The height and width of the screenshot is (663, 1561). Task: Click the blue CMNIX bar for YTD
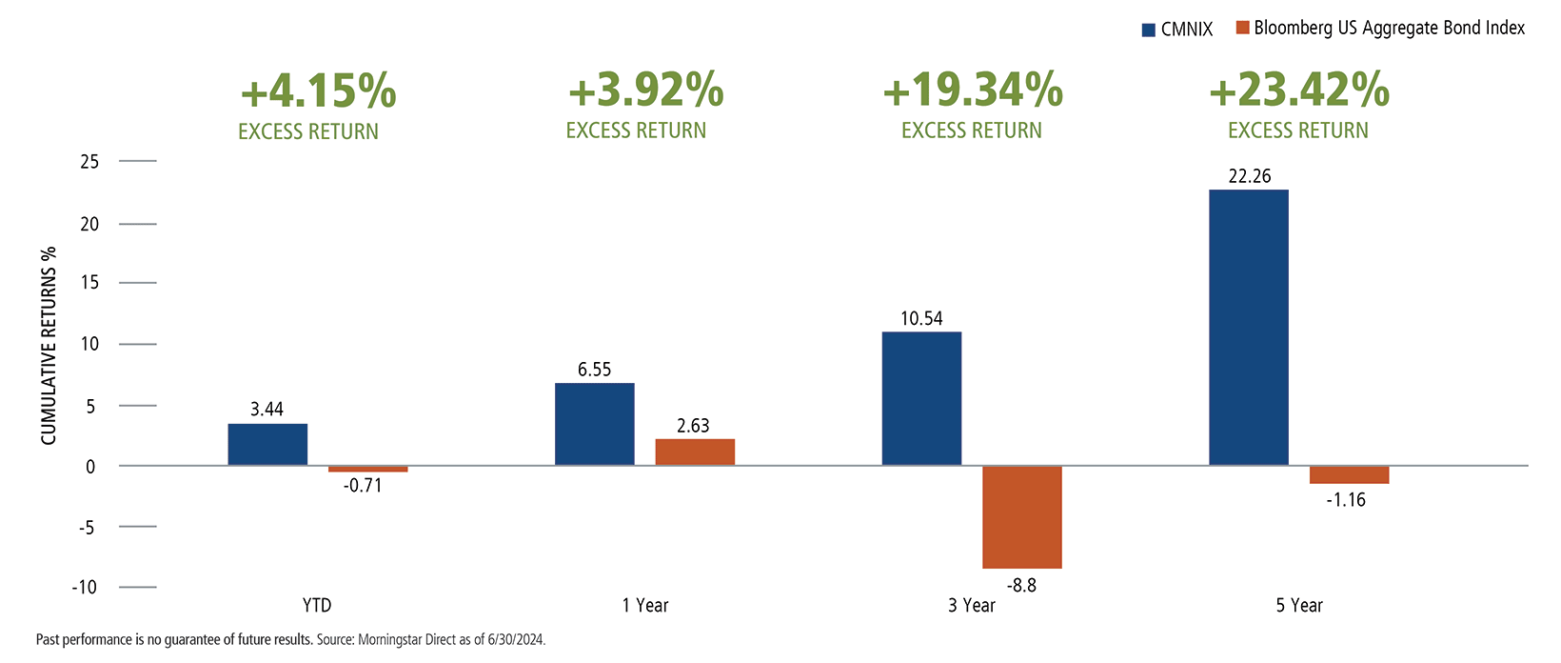click(x=267, y=445)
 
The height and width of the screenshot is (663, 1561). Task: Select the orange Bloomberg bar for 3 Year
click(x=1021, y=517)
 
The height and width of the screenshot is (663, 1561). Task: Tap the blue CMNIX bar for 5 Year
click(x=1248, y=328)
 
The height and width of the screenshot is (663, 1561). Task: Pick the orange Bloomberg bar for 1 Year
click(x=695, y=452)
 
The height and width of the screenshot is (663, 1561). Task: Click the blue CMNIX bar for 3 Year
click(x=921, y=399)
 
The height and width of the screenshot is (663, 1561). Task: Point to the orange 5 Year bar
click(x=1349, y=475)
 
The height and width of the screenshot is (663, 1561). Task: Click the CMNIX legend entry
click(x=1177, y=30)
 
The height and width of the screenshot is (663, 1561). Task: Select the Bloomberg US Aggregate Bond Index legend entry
click(x=1380, y=29)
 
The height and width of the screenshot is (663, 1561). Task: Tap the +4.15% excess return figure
click(x=318, y=91)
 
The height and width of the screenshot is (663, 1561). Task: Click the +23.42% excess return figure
click(x=1298, y=91)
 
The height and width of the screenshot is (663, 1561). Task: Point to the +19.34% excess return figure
click(x=972, y=91)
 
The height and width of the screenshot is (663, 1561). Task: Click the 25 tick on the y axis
click(x=89, y=162)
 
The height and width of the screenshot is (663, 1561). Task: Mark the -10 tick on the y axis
click(x=85, y=588)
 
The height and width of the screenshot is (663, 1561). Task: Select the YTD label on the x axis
click(x=317, y=606)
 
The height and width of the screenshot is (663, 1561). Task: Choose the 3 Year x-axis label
click(x=972, y=606)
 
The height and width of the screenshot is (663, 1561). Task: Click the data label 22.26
click(x=1249, y=176)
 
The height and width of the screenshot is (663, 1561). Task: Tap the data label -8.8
click(x=1022, y=586)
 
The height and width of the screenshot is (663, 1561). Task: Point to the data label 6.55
click(x=595, y=370)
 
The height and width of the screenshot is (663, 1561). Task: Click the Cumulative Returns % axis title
click(x=49, y=346)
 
